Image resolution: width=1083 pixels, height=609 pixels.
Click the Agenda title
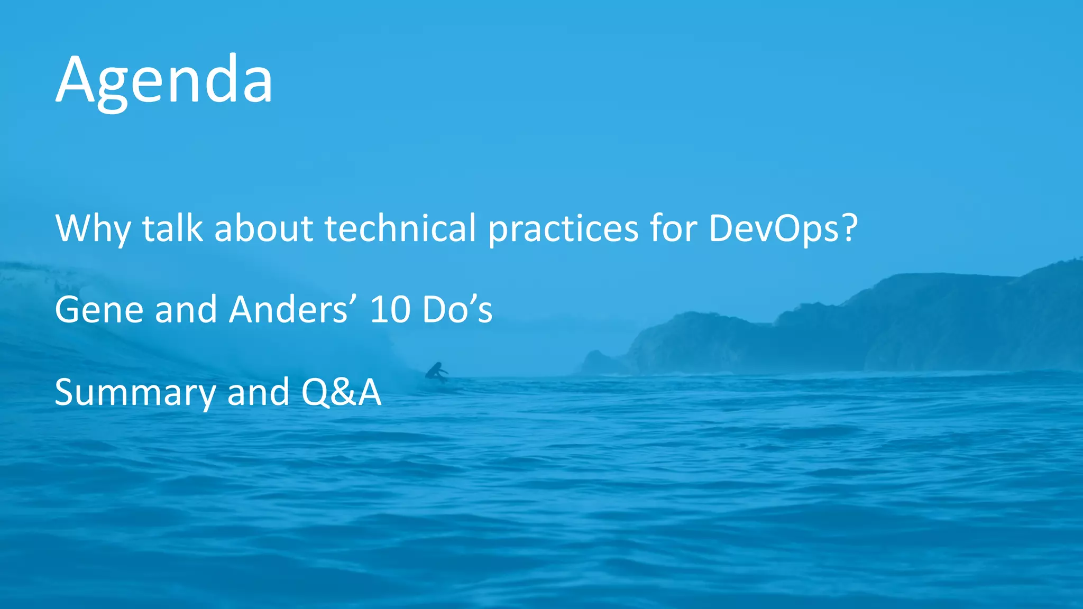coord(164,80)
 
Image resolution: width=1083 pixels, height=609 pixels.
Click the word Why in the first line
coord(93,229)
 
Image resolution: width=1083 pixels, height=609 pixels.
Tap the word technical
coord(400,228)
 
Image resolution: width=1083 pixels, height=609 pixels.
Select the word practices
coord(563,229)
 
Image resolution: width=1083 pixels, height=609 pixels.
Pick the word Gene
coord(99,310)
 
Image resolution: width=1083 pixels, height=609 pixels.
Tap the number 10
coord(390,310)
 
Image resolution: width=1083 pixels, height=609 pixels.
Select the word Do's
coord(457,310)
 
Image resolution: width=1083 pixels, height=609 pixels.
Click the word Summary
coord(135,393)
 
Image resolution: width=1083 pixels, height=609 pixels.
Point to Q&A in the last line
coord(341,392)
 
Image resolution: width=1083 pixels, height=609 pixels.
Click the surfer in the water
coord(436,372)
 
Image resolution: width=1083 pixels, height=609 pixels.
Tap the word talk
coord(172,228)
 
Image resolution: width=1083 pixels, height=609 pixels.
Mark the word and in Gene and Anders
coord(186,310)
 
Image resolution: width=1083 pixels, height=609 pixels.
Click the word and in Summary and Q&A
coord(258,392)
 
